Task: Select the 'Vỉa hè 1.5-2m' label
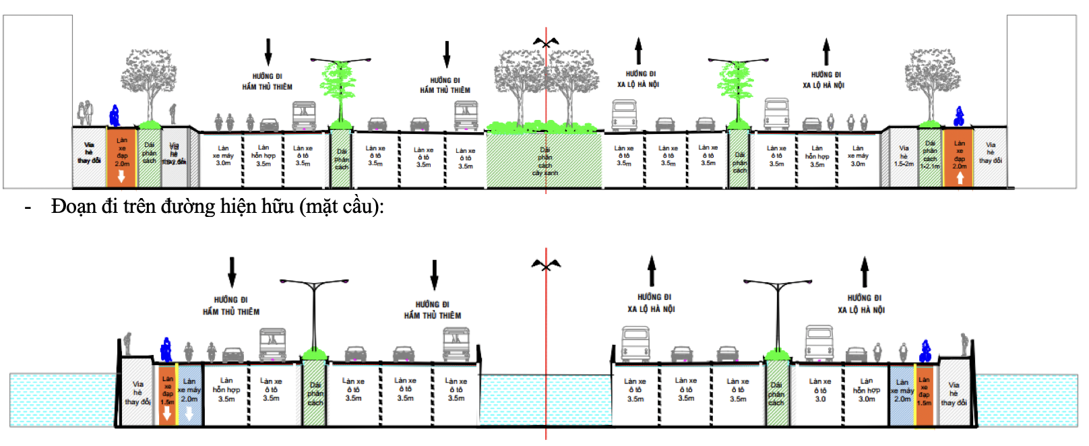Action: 904,156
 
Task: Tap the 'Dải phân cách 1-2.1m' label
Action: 930,155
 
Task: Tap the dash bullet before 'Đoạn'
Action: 28,208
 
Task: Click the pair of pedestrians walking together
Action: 85,113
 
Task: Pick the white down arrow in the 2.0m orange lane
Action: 121,177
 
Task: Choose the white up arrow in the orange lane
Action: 960,178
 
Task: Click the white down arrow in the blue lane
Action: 189,413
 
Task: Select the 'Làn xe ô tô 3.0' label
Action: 820,390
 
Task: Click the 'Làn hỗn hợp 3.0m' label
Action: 867,390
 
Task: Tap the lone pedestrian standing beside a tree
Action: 173,113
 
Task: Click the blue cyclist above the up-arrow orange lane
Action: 959,117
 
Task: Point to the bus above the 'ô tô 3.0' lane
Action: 819,344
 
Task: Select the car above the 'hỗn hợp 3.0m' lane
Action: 856,354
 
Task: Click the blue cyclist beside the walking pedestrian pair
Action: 115,116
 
